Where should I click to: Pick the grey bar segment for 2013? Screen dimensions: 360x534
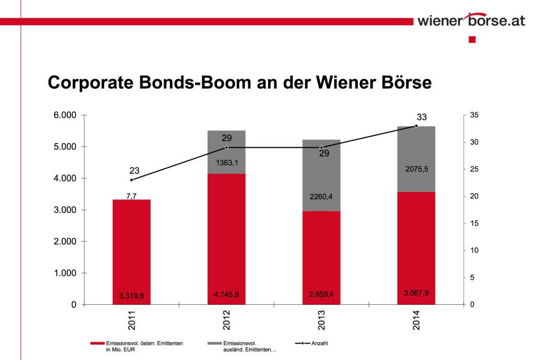(x=321, y=175)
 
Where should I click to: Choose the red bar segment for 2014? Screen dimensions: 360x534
(x=416, y=245)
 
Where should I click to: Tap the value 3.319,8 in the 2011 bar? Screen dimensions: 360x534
(x=131, y=296)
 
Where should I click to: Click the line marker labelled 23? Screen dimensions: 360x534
(x=131, y=179)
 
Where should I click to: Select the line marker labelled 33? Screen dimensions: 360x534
(x=416, y=126)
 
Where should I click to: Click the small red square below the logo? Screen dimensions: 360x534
(x=472, y=40)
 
